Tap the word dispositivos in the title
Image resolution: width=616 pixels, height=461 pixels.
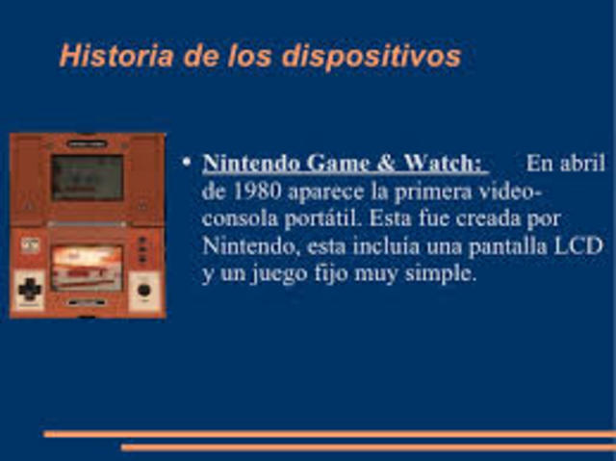tap(371, 57)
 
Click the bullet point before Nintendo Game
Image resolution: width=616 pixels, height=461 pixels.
tap(186, 162)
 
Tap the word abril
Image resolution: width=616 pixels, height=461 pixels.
tap(583, 163)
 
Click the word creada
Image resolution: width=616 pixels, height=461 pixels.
tap(500, 218)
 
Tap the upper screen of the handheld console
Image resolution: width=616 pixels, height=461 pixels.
tap(87, 176)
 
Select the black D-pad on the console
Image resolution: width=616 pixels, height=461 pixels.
tap(30, 287)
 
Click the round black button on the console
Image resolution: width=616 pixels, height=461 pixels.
tap(144, 288)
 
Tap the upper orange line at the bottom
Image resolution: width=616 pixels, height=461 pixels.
tap(327, 434)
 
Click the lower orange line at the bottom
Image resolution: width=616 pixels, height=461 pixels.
tap(366, 448)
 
